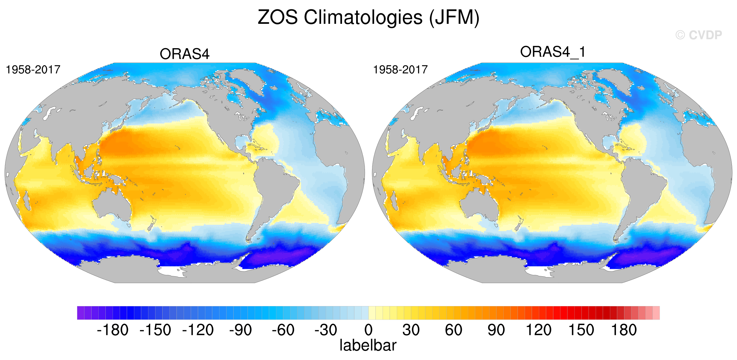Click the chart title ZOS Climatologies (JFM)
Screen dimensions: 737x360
click(368, 18)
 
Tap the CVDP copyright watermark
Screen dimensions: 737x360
click(698, 35)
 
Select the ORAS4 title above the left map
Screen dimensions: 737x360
click(185, 54)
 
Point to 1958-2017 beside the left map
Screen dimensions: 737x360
click(33, 70)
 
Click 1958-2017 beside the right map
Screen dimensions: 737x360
click(400, 70)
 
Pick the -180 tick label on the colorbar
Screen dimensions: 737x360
click(113, 330)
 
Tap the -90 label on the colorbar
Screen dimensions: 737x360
click(241, 330)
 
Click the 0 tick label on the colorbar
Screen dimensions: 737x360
click(368, 330)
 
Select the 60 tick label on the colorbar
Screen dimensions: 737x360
click(454, 330)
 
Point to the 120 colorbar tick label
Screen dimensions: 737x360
click(539, 330)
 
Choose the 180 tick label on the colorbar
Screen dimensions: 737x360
click(624, 330)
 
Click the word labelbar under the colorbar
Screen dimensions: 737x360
click(368, 345)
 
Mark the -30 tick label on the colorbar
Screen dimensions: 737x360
click(326, 330)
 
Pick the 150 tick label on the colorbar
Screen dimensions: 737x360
click(581, 330)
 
